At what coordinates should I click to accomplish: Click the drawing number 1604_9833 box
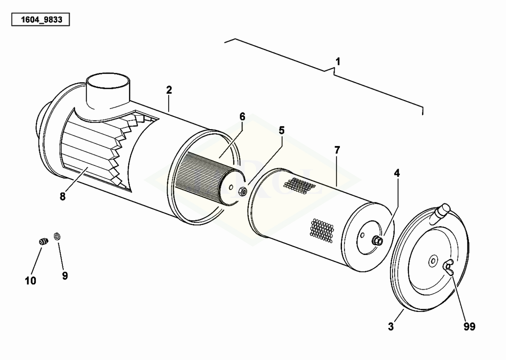coord(41,20)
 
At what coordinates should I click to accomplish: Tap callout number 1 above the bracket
coord(338,62)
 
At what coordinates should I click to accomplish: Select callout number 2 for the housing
coord(169,90)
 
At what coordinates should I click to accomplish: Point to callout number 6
coord(242,117)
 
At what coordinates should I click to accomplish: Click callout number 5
coord(282,130)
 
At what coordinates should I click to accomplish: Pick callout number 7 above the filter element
coord(337,150)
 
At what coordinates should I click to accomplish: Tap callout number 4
coord(397,173)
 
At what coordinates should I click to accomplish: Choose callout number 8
coord(62,197)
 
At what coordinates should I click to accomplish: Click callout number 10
coord(30,281)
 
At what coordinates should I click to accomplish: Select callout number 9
coord(65,276)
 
